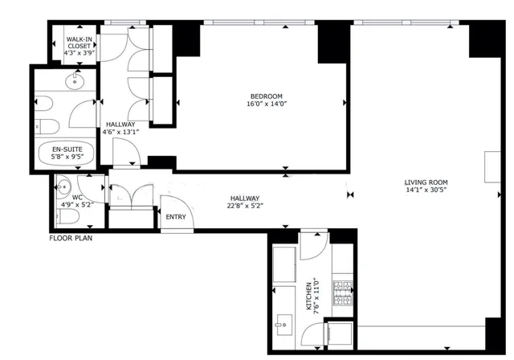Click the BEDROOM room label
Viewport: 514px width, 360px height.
click(x=264, y=96)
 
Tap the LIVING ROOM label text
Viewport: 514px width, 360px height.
click(x=426, y=182)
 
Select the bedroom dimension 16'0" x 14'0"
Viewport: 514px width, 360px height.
click(x=264, y=104)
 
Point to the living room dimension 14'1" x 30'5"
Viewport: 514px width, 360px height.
click(x=426, y=191)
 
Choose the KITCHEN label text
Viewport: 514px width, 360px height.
click(x=309, y=297)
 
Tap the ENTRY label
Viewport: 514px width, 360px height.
click(x=175, y=218)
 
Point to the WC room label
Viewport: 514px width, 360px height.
click(x=78, y=196)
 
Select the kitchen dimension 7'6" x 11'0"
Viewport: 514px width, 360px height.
click(x=317, y=297)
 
